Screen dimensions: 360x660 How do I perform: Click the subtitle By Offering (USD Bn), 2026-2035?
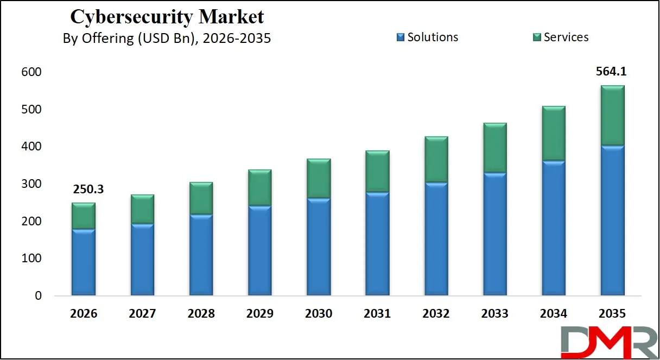point(167,39)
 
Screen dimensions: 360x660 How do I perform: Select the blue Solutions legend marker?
point(401,37)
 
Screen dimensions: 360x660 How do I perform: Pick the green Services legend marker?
point(537,37)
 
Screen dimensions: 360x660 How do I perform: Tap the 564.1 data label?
point(612,72)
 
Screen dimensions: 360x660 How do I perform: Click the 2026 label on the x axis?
point(84,314)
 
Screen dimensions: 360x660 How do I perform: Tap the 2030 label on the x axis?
point(319,314)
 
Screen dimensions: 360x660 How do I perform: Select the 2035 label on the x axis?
point(612,314)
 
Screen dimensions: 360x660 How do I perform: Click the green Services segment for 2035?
point(612,115)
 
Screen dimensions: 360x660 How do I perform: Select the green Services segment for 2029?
point(260,188)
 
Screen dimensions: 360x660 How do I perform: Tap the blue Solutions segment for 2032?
point(436,239)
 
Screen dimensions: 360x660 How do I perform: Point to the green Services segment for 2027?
point(142,209)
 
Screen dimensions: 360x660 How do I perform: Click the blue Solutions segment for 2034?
point(554,228)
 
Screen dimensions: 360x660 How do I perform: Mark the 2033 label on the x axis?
point(495,314)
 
